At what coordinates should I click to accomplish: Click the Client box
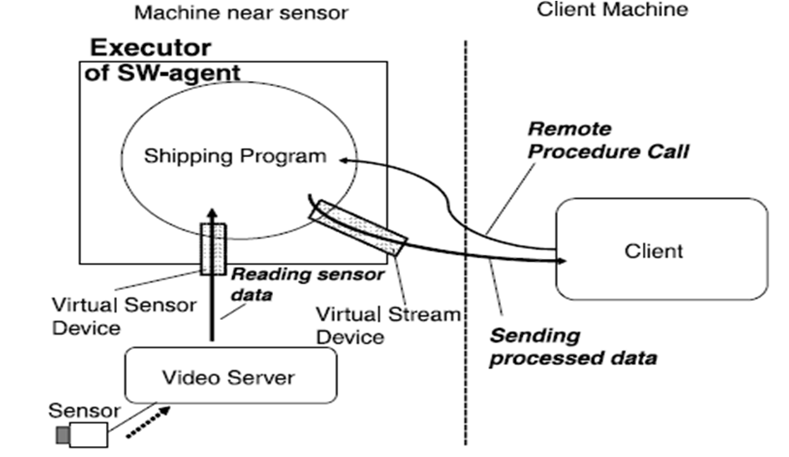[661, 249]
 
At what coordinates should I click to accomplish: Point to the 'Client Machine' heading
[612, 11]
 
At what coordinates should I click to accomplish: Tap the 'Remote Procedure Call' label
[609, 141]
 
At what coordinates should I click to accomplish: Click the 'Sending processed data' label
[572, 347]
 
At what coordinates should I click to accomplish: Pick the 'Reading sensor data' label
[306, 284]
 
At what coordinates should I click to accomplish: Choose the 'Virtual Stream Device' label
[387, 326]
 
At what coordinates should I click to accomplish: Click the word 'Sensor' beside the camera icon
[84, 410]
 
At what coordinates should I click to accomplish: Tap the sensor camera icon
[83, 434]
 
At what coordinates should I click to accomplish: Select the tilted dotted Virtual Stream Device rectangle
[357, 228]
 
